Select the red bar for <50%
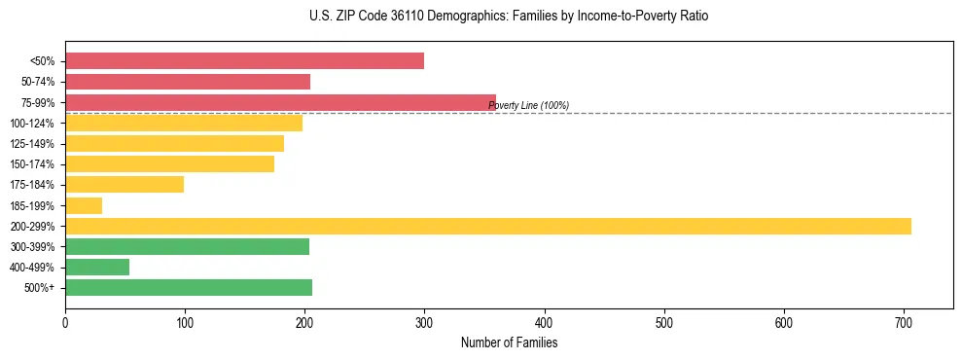[244, 61]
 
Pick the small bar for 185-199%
[84, 205]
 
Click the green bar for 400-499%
[97, 267]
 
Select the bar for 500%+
[189, 287]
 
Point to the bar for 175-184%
[125, 185]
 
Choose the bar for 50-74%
[188, 82]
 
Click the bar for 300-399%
[187, 246]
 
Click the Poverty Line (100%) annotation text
[528, 105]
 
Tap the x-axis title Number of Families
[509, 343]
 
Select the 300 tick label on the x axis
[424, 323]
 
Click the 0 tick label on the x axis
[65, 323]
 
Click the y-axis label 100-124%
[32, 124]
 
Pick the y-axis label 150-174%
[32, 164]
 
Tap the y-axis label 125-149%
[32, 144]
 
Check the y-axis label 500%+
[38, 288]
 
